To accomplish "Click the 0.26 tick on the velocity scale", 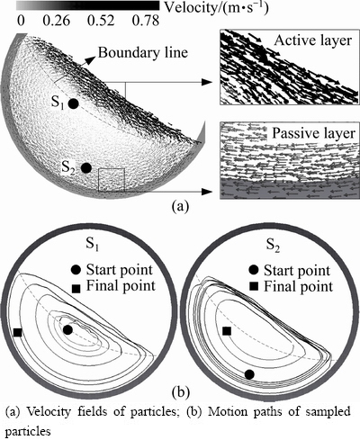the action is (x=57, y=21).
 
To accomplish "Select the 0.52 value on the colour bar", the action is (x=101, y=21).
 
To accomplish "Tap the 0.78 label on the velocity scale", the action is (x=145, y=21).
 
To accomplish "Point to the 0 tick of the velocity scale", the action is (x=21, y=21).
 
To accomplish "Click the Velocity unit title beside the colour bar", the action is (x=216, y=8).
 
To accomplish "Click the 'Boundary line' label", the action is (x=143, y=53).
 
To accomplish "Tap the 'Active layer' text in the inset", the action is (x=313, y=40).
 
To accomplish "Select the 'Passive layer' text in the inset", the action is (x=314, y=133).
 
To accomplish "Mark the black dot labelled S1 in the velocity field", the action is (x=74, y=103).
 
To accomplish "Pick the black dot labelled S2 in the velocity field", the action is (x=86, y=168).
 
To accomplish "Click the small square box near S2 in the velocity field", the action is (x=112, y=180).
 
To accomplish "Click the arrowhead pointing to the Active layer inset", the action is (x=208, y=82).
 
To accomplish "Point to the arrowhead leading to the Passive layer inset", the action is (x=208, y=192).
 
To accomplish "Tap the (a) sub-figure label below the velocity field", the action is (x=180, y=207).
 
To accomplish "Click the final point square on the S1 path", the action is (x=17, y=332).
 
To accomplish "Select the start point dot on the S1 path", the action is (x=67, y=330).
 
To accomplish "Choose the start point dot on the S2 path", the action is (x=249, y=374).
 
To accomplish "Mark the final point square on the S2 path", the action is (x=227, y=331).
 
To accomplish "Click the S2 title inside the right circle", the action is (x=273, y=246).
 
